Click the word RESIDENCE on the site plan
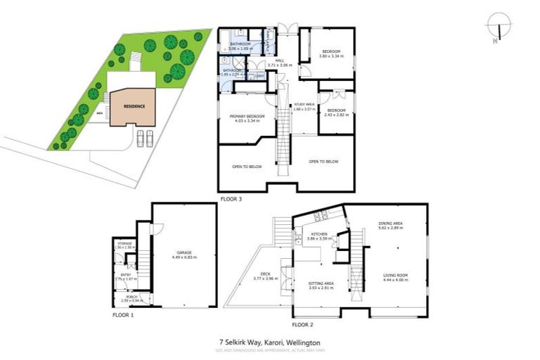click(134, 106)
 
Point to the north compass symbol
click(498, 27)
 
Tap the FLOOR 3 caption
click(231, 199)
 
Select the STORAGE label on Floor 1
click(124, 245)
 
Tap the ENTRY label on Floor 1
click(125, 276)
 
